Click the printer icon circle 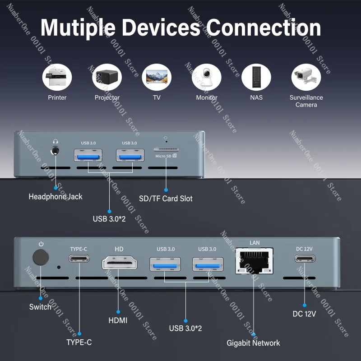pos(57,77)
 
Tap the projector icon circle pos(107,77)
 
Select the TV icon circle pos(157,77)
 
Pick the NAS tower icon pos(256,77)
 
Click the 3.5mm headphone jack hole pos(55,151)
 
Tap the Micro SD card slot pos(166,149)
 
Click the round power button pos(41,257)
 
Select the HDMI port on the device pos(119,263)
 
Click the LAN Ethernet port pos(255,261)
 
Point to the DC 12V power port pos(305,259)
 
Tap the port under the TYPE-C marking pos(79,258)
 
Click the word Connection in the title pos(264,28)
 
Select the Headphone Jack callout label pos(56,197)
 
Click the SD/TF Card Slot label pos(166,199)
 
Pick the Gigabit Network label pos(253,343)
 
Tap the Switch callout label pos(40,307)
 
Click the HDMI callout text pos(118,320)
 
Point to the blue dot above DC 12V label pos(304,305)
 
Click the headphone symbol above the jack pos(55,141)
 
